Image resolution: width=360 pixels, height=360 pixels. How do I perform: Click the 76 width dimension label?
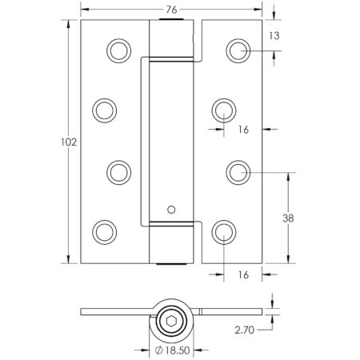tap(172, 10)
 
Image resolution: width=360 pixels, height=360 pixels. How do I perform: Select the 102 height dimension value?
tap(69, 142)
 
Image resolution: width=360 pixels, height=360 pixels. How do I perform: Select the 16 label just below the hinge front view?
tap(242, 275)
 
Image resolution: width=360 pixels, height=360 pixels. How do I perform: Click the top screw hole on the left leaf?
tap(118, 50)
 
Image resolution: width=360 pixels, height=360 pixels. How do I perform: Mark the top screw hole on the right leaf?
tap(237, 50)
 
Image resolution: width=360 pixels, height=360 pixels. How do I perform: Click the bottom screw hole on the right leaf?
tap(223, 231)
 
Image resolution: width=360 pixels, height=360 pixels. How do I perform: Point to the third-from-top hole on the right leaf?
tap(237, 170)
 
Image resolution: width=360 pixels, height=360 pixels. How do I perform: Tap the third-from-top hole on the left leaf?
tap(118, 170)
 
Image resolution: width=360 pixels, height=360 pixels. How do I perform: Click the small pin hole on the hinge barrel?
tap(170, 210)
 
